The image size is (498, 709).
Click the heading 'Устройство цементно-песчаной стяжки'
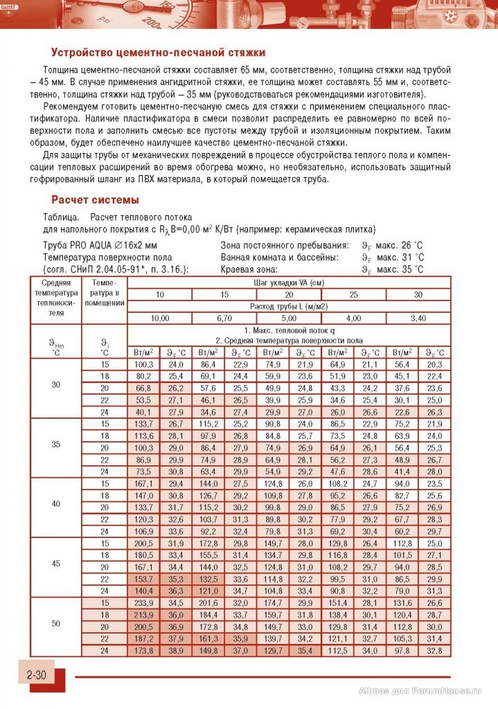tap(158, 53)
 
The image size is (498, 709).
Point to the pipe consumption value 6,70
tap(224, 318)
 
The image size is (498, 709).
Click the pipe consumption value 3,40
tap(418, 318)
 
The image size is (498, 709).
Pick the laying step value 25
tap(353, 295)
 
